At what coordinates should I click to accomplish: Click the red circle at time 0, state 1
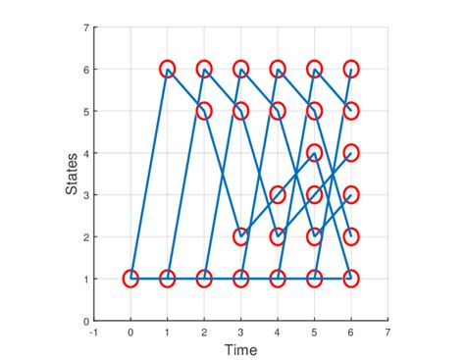pos(130,279)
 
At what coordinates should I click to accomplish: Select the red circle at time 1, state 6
pos(167,70)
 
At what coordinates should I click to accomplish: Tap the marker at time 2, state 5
pos(204,111)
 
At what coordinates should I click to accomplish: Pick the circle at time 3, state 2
pos(240,236)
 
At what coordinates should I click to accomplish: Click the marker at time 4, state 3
pos(278,194)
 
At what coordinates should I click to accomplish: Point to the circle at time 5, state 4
pos(314,153)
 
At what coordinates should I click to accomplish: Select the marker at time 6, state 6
pos(351,70)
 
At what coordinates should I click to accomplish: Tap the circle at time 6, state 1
pos(351,279)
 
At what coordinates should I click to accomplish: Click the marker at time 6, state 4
pos(351,153)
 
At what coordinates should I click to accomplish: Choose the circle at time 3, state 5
pos(240,111)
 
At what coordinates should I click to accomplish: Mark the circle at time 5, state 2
pos(314,236)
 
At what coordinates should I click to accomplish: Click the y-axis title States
pos(72,174)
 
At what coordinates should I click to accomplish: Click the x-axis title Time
pos(240,350)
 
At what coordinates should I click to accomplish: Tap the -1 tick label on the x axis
pos(93,332)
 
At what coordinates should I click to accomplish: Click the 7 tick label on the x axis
pos(387,332)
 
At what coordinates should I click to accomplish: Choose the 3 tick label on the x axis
pos(240,332)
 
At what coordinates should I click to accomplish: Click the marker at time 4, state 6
pos(278,70)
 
